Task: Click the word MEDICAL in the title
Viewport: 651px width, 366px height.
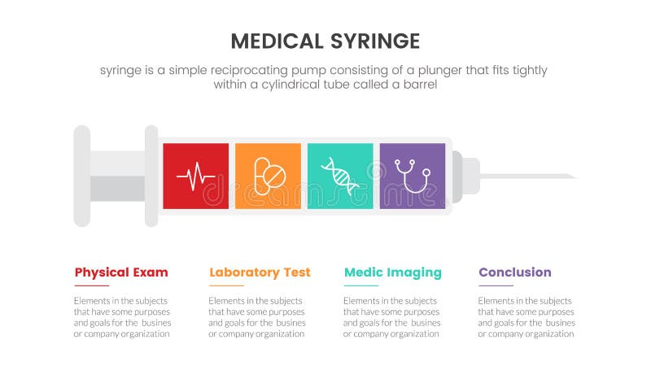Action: click(x=275, y=41)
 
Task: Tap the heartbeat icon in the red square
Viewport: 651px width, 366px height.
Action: click(x=196, y=176)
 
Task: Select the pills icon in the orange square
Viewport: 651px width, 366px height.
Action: click(x=269, y=176)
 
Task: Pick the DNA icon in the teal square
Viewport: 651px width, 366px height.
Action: click(x=340, y=176)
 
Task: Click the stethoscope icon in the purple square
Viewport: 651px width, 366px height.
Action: click(x=413, y=176)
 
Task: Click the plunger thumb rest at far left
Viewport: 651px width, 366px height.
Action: click(x=81, y=176)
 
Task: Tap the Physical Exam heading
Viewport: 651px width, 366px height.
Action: click(x=121, y=272)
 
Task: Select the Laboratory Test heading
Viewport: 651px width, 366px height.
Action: click(x=260, y=272)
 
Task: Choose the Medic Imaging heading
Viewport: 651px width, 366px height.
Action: click(x=392, y=272)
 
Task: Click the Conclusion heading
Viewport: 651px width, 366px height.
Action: click(x=514, y=272)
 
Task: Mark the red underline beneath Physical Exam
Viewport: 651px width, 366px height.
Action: click(x=91, y=286)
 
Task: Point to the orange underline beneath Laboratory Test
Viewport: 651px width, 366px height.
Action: click(x=225, y=286)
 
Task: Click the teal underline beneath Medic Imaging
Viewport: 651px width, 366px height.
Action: click(x=360, y=286)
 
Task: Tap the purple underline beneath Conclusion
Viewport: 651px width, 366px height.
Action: click(x=495, y=286)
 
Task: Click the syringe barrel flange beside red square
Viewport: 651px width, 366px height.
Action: click(x=151, y=176)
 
